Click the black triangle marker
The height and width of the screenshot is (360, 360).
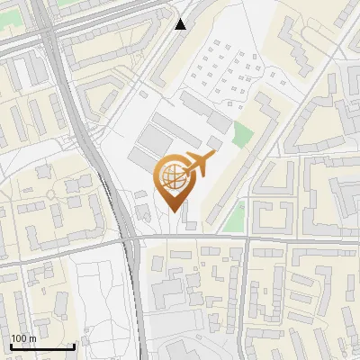[x=182, y=24]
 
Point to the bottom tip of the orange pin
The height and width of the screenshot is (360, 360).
[x=173, y=211]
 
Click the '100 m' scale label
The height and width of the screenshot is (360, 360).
[x=23, y=337]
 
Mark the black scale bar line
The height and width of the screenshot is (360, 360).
[x=41, y=346]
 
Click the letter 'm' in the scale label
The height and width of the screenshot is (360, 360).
[x=32, y=337]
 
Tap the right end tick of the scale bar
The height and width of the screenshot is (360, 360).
[x=73, y=344]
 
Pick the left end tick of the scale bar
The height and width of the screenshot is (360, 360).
[x=10, y=344]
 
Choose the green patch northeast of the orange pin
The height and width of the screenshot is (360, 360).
[x=242, y=134]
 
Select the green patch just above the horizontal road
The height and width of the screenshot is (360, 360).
[x=234, y=216]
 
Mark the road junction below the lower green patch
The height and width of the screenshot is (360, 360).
[x=245, y=238]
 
